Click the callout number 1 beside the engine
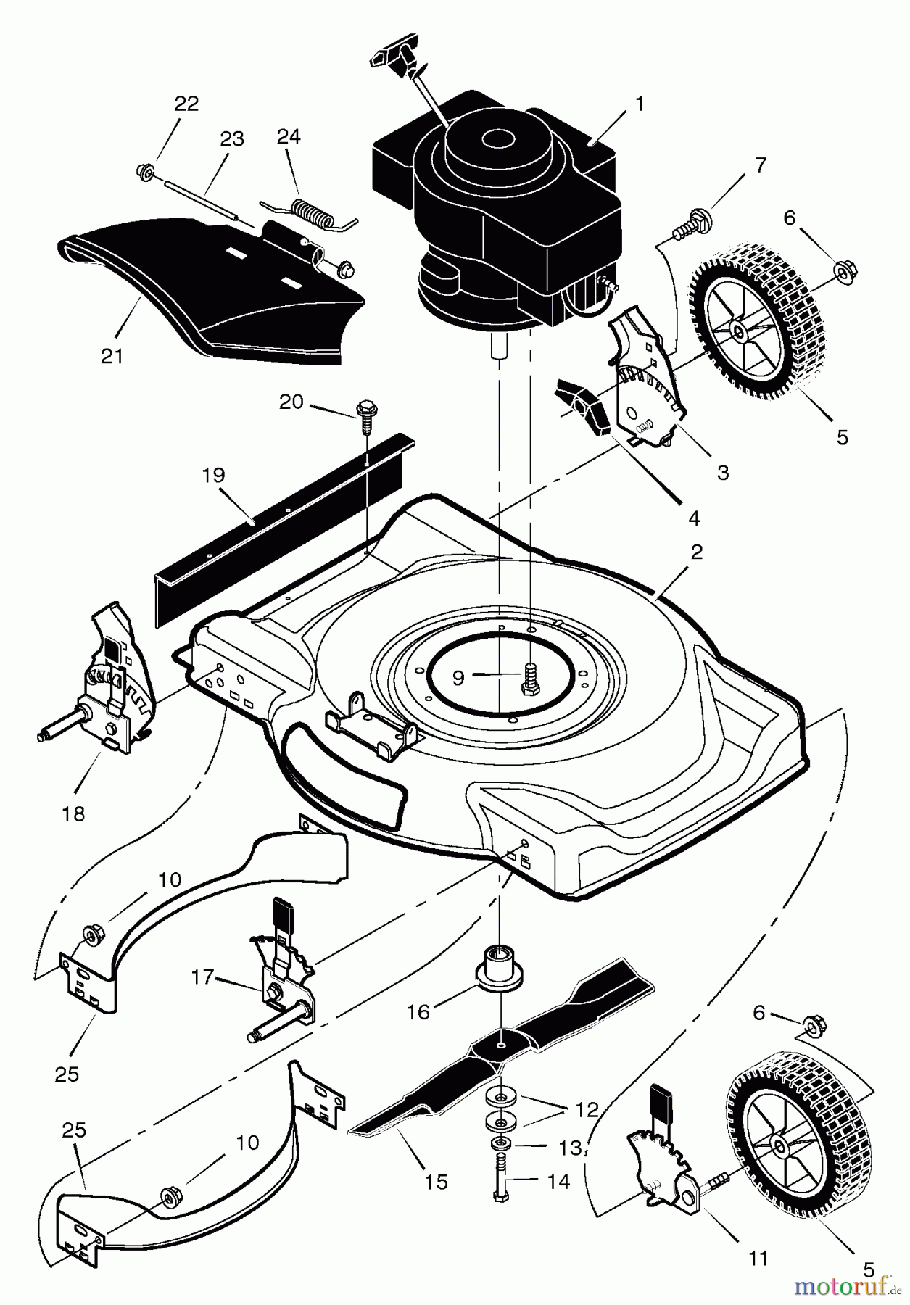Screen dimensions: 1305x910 [x=639, y=104]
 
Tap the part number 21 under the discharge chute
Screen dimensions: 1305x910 [x=112, y=356]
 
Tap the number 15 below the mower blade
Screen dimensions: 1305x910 [x=437, y=1182]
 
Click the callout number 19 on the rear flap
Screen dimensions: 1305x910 [x=214, y=476]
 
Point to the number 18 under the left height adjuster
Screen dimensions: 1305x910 [x=73, y=813]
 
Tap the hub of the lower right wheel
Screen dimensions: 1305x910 [x=779, y=1144]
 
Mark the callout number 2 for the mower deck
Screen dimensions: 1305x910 [x=696, y=552]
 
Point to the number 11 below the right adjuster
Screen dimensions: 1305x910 [x=758, y=1259]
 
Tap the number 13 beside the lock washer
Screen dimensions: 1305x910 [x=571, y=1147]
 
